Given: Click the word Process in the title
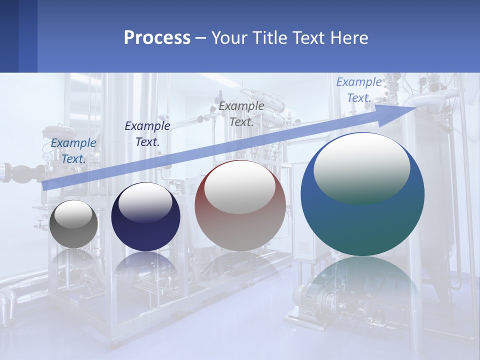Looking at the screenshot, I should pyautogui.click(x=157, y=38).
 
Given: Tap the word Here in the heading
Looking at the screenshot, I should pyautogui.click(x=349, y=38).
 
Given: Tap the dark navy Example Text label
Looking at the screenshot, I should pyautogui.click(x=147, y=134).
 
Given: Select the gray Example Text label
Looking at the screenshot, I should pyautogui.click(x=241, y=113).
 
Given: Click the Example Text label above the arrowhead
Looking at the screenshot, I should pyautogui.click(x=359, y=90).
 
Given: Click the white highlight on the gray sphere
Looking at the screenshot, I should pyautogui.click(x=73, y=214).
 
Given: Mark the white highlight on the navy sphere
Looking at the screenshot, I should pyautogui.click(x=145, y=201).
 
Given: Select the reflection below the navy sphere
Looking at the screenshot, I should pyautogui.click(x=145, y=265).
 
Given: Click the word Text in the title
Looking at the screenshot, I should pyautogui.click(x=307, y=38).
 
